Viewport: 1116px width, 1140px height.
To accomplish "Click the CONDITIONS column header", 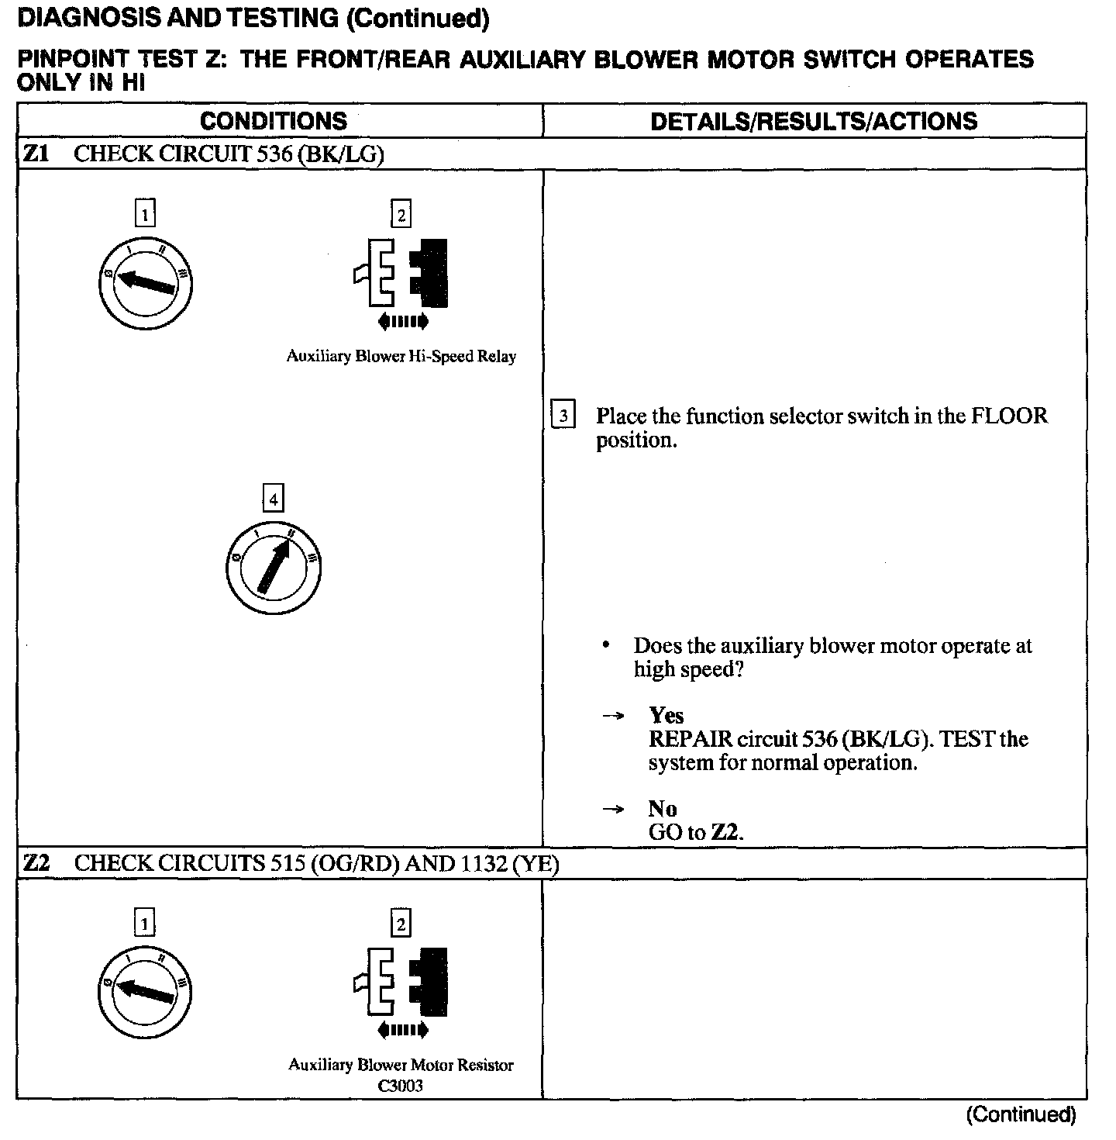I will click(274, 121).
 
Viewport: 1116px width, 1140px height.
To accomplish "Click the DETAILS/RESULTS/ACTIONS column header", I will click(814, 121).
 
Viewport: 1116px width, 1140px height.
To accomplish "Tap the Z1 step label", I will click(36, 154).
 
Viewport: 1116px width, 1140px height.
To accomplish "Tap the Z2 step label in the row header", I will click(36, 863).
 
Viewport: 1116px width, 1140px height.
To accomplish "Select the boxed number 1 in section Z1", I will click(145, 213).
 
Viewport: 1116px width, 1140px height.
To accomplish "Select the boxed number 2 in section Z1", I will click(401, 214).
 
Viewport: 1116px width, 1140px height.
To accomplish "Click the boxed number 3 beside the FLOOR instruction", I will click(563, 416).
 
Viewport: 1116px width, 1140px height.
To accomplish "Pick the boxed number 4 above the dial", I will click(273, 499).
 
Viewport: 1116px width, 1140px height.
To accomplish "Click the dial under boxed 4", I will click(273, 568).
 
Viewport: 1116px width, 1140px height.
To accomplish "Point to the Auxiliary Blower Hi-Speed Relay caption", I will click(401, 357).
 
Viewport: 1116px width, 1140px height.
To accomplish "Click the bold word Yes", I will click(666, 715).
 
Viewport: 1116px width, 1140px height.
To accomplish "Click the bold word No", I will click(663, 809).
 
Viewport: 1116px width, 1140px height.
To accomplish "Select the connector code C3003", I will click(401, 1086).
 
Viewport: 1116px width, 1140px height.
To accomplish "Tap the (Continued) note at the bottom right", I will click(1021, 1115).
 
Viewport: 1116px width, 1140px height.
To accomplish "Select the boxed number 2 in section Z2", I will click(401, 924).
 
